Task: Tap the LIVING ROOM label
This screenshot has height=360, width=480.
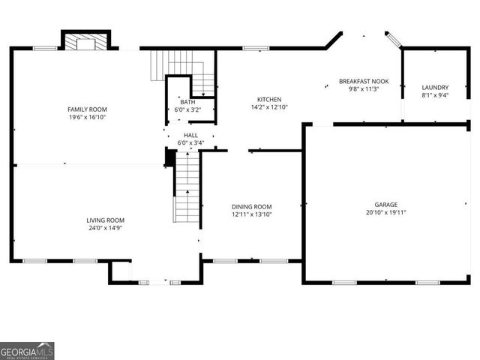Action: click(x=105, y=220)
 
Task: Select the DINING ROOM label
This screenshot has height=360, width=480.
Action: click(x=251, y=207)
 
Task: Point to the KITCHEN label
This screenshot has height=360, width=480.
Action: click(x=269, y=99)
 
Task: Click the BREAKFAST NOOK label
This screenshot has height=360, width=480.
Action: click(x=364, y=81)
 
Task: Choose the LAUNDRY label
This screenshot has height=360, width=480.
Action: click(x=435, y=88)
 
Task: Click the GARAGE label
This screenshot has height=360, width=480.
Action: click(x=386, y=204)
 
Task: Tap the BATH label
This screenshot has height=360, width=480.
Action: click(x=187, y=102)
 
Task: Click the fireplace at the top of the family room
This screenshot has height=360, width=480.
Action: click(x=85, y=42)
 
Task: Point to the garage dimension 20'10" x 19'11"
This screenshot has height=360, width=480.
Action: click(x=386, y=212)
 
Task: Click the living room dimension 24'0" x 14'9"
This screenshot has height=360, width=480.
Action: click(x=105, y=228)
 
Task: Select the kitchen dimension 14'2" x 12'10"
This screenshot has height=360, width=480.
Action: click(x=269, y=107)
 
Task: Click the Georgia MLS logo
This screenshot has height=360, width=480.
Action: click(x=27, y=350)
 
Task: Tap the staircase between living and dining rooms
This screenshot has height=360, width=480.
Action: click(x=187, y=187)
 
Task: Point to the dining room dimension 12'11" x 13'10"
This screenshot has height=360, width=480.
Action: click(x=251, y=215)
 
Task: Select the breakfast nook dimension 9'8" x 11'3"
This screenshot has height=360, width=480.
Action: click(x=364, y=89)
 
